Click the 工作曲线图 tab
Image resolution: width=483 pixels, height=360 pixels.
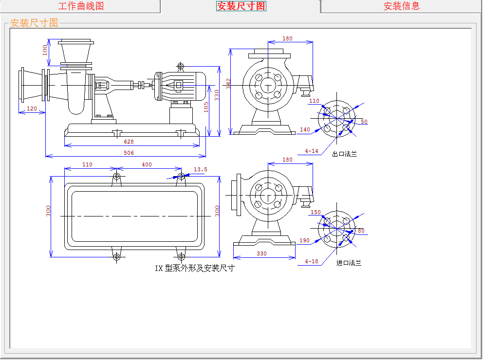pyautogui.click(x=81, y=6)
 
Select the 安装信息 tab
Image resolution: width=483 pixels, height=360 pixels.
pyautogui.click(x=401, y=6)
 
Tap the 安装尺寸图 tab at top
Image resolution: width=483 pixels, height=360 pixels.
pyautogui.click(x=241, y=6)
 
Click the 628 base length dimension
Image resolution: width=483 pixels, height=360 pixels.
pyautogui.click(x=129, y=142)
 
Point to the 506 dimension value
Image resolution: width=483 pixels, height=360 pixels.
pyautogui.click(x=129, y=153)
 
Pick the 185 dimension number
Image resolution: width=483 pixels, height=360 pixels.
pyautogui.click(x=206, y=107)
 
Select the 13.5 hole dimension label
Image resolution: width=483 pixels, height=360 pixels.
pyautogui.click(x=200, y=170)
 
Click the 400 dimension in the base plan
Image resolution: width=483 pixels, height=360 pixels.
pyautogui.click(x=147, y=164)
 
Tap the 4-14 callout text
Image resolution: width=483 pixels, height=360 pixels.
pyautogui.click(x=312, y=151)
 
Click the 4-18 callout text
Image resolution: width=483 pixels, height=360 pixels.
pyautogui.click(x=312, y=261)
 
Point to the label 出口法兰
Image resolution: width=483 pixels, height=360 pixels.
pyautogui.click(x=344, y=154)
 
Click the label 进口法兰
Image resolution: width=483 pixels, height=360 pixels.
pyautogui.click(x=349, y=263)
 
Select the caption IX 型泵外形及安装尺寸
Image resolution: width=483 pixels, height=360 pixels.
pyautogui.click(x=195, y=268)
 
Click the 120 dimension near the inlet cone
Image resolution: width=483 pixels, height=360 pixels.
pyautogui.click(x=32, y=108)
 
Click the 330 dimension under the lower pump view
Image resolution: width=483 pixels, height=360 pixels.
pyautogui.click(x=262, y=253)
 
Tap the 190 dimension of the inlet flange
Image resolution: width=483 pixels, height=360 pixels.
pyautogui.click(x=305, y=240)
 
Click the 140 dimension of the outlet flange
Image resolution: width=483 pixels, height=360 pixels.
pyautogui.click(x=305, y=129)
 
